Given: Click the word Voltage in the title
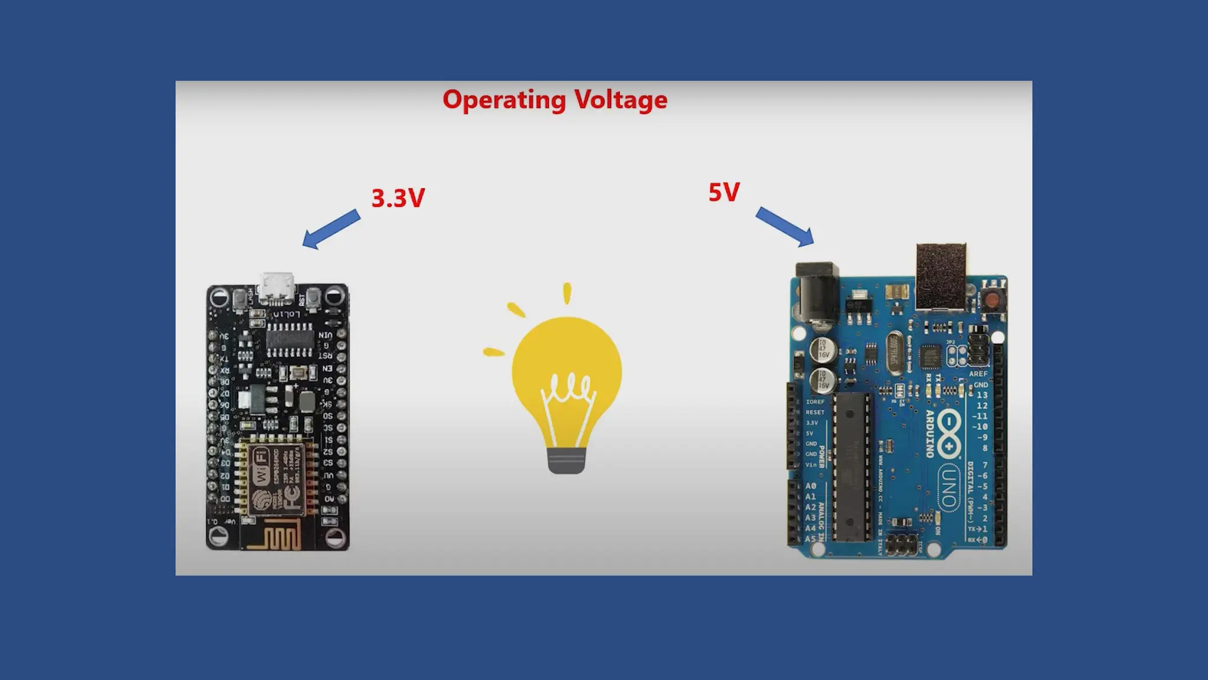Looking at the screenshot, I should (x=621, y=100).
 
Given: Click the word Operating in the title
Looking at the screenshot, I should (x=504, y=100).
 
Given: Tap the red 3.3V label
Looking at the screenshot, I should (x=398, y=198).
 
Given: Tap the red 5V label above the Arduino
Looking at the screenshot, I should (x=724, y=192).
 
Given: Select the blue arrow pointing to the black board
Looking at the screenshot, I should (x=331, y=230).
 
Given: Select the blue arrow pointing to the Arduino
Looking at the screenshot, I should (x=785, y=227).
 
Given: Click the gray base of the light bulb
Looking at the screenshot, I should (x=567, y=460).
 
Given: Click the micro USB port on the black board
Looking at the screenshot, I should (x=278, y=286).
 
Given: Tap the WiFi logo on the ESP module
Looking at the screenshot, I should (x=260, y=466).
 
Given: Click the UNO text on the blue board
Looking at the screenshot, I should (x=948, y=486).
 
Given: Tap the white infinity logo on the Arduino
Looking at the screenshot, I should (x=948, y=434).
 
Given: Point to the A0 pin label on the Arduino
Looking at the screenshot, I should (x=811, y=486).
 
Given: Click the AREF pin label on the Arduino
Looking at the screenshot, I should (x=978, y=374).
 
